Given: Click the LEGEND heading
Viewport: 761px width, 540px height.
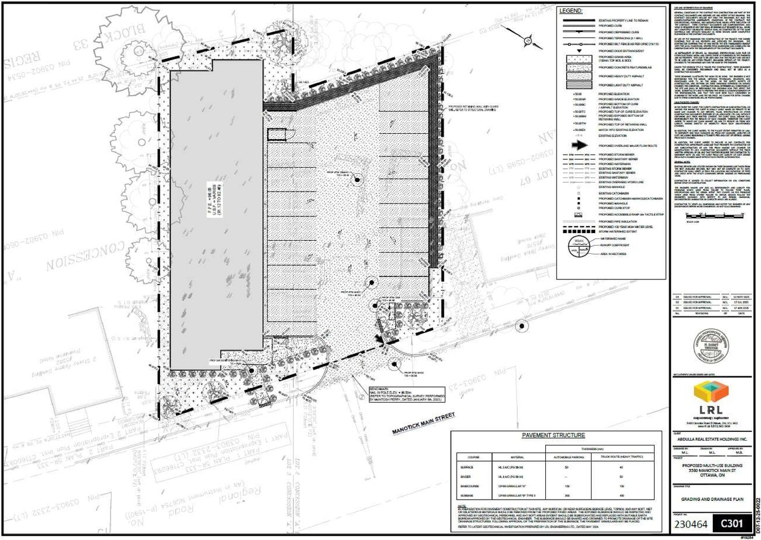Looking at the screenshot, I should coord(572,10).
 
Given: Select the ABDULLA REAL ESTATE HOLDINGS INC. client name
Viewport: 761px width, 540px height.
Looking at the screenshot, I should coord(711,439).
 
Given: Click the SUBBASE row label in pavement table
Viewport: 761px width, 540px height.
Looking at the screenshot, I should coord(466,494).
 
